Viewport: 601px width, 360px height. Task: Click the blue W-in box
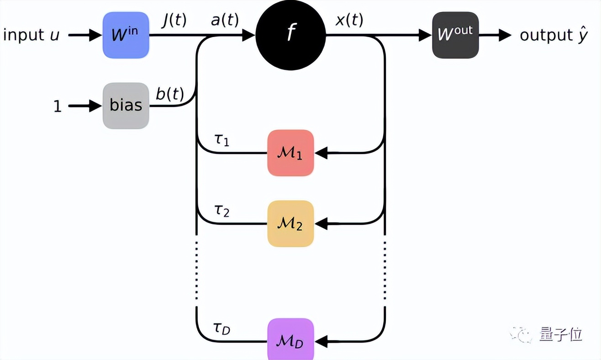pos(126,35)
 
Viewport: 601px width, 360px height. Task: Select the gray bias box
pos(126,106)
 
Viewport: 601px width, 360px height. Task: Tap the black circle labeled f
pos(290,35)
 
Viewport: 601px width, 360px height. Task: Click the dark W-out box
pos(455,35)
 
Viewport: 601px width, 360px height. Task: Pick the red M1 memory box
pos(290,153)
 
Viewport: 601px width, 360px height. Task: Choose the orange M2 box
pos(290,224)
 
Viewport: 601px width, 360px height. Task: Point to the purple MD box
pos(290,340)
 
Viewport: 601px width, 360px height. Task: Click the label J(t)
pos(174,21)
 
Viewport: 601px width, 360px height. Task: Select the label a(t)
pos(224,21)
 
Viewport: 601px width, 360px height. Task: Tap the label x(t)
pos(349,21)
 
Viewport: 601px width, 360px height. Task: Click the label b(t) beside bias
pos(169,95)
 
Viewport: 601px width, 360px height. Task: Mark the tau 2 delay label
pos(221,211)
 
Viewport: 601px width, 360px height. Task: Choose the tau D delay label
pos(222,327)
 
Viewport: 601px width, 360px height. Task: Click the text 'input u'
pos(31,35)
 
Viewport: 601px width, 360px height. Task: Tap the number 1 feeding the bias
pos(58,106)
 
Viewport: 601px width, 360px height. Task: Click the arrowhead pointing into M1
pos(322,153)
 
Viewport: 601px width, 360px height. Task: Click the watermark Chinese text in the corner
pos(560,334)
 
